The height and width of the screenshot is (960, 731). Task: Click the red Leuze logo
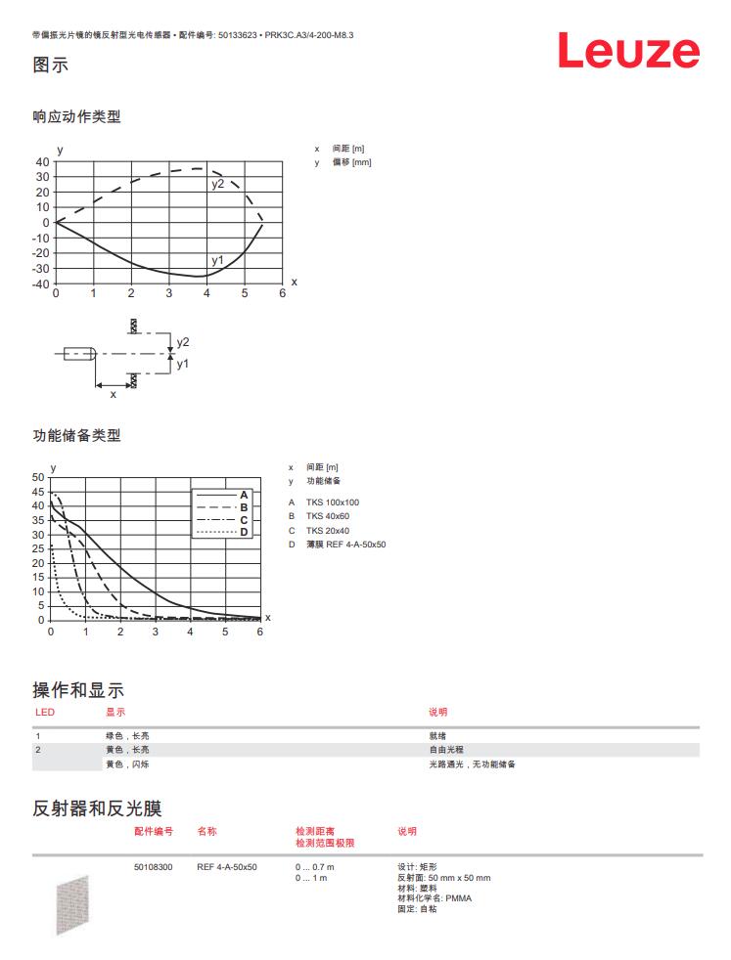point(628,51)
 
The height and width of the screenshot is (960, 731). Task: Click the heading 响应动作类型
point(76,117)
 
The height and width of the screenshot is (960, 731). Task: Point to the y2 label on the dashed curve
point(217,184)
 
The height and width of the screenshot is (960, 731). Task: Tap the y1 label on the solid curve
point(217,260)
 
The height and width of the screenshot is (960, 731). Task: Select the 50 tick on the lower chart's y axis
point(38,477)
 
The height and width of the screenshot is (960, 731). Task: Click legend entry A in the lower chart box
point(244,496)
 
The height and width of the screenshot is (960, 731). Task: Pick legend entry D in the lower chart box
point(244,532)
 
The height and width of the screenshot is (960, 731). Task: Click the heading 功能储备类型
point(76,435)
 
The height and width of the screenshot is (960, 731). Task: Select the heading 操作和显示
point(78,690)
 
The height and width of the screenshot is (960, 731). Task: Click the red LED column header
point(45,712)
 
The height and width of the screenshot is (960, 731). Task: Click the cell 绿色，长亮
point(127,735)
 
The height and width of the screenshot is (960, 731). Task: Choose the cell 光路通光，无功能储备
point(472,764)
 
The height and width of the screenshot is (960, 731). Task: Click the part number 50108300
point(154,867)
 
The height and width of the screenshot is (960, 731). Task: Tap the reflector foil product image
point(72,904)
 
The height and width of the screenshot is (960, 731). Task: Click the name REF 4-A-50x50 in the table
point(227,867)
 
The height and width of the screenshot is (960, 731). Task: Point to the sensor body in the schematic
point(78,353)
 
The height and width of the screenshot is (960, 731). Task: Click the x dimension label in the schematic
point(113,394)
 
